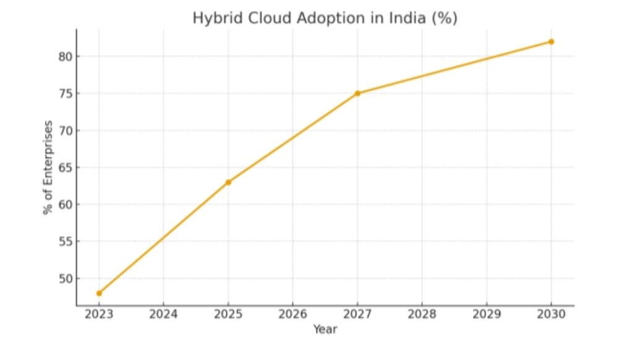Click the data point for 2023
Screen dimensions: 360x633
[99, 293]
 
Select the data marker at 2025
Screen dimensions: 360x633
[228, 182]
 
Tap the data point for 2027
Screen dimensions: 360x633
[357, 93]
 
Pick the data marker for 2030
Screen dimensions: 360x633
[551, 41]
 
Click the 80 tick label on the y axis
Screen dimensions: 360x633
[65, 56]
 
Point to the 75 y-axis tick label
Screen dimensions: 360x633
[65, 93]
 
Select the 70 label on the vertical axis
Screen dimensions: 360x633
[65, 131]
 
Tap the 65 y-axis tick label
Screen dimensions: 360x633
[65, 168]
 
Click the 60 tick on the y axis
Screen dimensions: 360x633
[65, 204]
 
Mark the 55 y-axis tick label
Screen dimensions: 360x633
[65, 241]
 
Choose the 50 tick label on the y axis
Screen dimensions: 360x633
[65, 278]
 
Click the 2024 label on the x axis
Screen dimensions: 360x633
[163, 314]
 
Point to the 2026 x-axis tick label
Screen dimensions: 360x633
[293, 314]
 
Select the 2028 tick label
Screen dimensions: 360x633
[422, 314]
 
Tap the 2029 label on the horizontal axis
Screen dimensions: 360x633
[486, 314]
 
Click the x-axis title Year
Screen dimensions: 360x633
[325, 330]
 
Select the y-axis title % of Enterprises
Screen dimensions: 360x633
[48, 168]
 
